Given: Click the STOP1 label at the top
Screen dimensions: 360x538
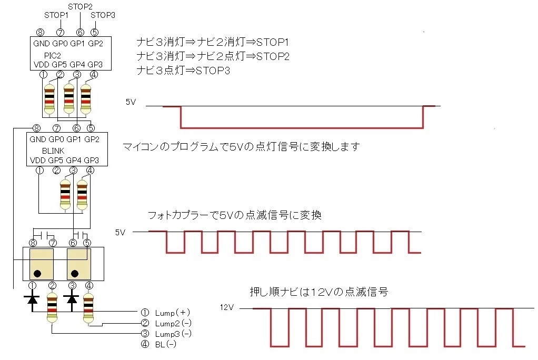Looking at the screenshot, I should pos(56,15).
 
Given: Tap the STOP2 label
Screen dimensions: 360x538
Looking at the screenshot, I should pos(81,6).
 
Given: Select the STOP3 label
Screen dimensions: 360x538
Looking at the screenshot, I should pos(103,15).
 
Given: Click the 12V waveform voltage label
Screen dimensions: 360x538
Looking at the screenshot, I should pos(226,307).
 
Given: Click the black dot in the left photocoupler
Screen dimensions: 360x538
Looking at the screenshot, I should pos(38,273).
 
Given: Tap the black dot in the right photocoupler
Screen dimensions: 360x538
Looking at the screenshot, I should pos(75,273).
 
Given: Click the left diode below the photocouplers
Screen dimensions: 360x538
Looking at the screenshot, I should pos(33,299).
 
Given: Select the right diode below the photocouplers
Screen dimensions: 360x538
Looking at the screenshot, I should pos(71,299).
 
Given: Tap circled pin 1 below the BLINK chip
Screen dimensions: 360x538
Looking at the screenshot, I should pos(39,170).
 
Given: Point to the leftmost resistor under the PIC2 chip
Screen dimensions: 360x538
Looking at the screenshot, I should pos(49,98).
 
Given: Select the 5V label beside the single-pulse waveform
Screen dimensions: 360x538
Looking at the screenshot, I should pos(131,102).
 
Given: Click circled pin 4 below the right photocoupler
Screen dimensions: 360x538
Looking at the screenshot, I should pos(89,286).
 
